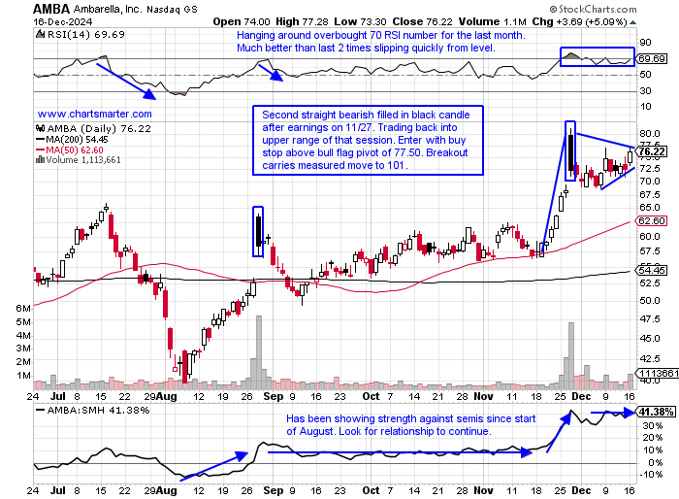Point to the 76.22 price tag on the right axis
(652, 151)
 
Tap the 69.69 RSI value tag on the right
(650, 60)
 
